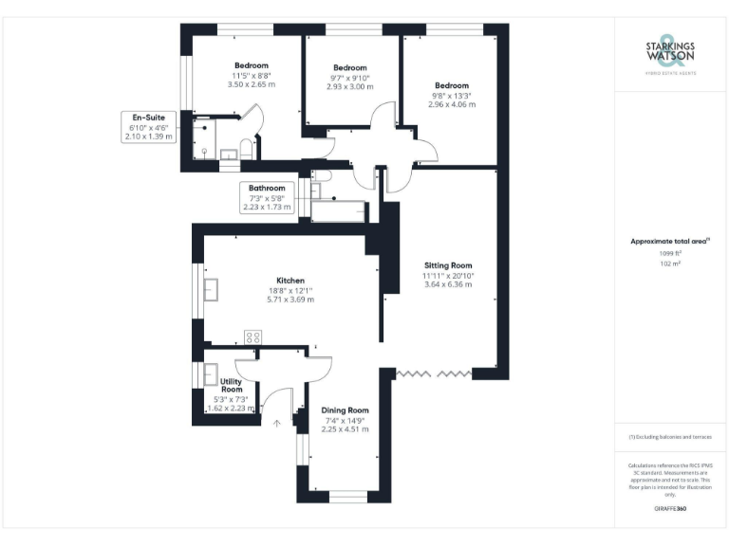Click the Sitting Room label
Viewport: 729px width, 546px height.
(448, 264)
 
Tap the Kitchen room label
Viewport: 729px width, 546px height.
(290, 281)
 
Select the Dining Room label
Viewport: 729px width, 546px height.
(346, 410)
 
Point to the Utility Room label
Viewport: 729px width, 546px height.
(232, 385)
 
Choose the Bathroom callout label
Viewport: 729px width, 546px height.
(267, 188)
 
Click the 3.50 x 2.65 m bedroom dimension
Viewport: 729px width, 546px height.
(252, 84)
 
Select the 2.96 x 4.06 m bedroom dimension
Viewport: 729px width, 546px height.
(452, 104)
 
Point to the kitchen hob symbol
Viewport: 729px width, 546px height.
(253, 337)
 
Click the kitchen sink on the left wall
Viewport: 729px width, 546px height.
(211, 288)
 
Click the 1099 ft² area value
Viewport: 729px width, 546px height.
(670, 253)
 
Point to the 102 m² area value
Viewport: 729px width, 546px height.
(670, 264)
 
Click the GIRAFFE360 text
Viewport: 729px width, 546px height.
(670, 509)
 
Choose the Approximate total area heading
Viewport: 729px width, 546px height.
(670, 242)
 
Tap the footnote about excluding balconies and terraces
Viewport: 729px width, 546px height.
(670, 437)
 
